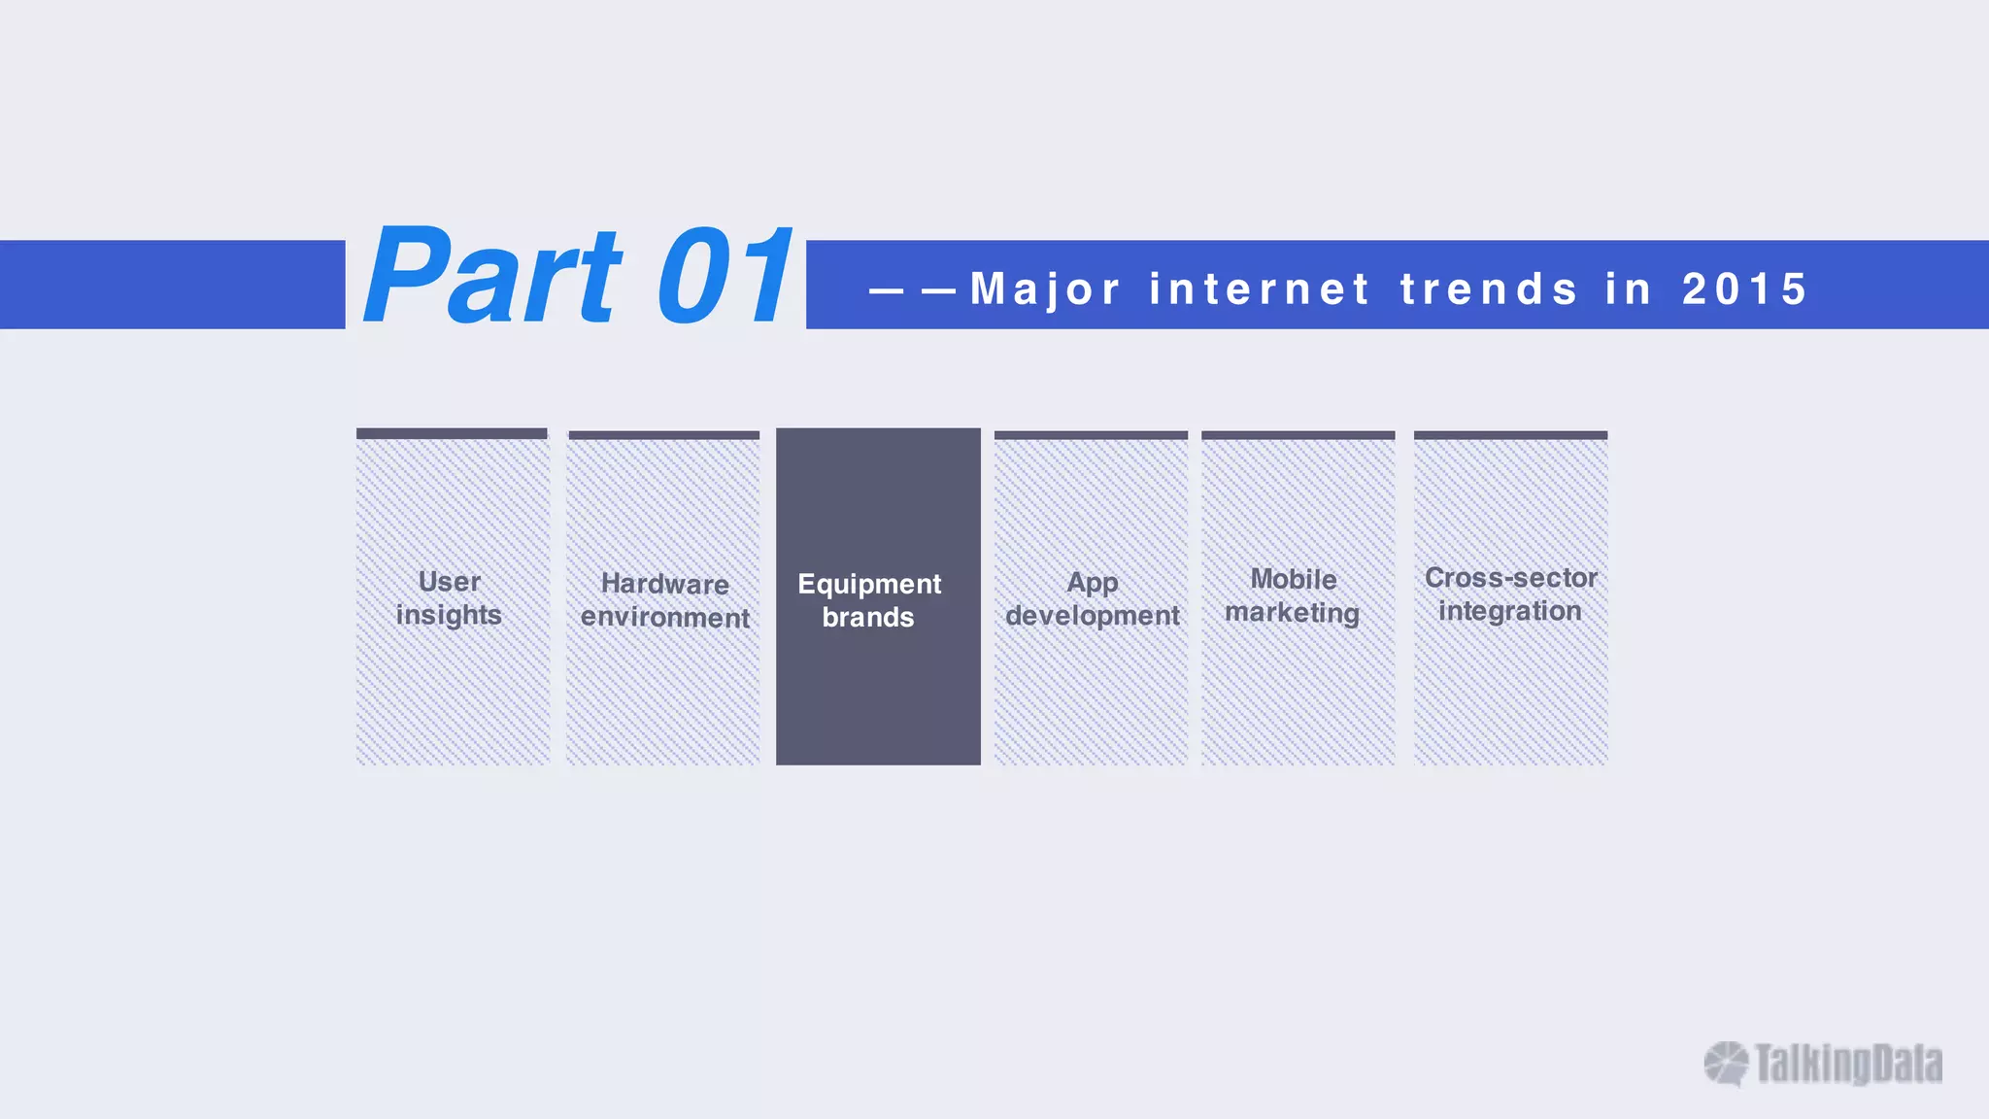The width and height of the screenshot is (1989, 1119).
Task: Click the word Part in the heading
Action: [x=491, y=276]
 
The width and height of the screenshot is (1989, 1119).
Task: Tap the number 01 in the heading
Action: [x=725, y=276]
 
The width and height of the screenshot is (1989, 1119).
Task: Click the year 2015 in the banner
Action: [x=1745, y=288]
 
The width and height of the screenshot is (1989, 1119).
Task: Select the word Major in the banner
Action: [x=1045, y=288]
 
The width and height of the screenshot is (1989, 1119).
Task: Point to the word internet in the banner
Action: [x=1260, y=288]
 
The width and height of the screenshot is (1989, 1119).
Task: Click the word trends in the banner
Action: [x=1489, y=288]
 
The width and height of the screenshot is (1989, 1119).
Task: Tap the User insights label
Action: [x=449, y=597]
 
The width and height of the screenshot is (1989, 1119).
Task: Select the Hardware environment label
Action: [x=664, y=600]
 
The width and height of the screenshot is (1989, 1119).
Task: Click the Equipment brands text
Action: [x=869, y=599]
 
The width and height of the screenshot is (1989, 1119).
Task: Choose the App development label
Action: [x=1092, y=598]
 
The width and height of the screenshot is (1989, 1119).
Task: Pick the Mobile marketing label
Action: [x=1293, y=595]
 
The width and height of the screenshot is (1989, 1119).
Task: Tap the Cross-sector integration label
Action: [x=1510, y=593]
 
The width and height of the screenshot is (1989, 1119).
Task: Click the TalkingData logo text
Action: [x=1848, y=1064]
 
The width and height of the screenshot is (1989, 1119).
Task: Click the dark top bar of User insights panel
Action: [x=452, y=433]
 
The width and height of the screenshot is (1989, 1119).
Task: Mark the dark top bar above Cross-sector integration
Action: [x=1510, y=435]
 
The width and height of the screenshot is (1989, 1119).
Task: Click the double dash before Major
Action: [x=913, y=289]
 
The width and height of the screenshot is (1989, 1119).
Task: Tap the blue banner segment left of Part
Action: [x=172, y=284]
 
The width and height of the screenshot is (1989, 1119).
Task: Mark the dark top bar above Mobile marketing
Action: [x=1298, y=435]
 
